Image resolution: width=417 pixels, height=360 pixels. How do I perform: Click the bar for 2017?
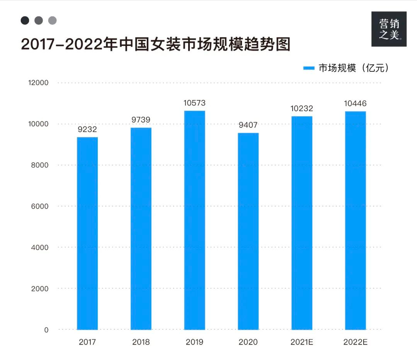tap(87, 233)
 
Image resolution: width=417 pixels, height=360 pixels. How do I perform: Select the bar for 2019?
tap(194, 220)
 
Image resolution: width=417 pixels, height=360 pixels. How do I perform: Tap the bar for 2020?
tap(248, 231)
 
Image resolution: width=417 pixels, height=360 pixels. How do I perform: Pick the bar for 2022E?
tap(355, 221)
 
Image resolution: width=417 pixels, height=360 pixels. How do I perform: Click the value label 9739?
tap(141, 120)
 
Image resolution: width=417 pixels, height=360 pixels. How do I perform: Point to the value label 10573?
tap(194, 103)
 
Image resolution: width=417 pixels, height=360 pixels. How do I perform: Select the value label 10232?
tap(302, 109)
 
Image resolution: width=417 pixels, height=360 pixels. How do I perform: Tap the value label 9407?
tap(248, 125)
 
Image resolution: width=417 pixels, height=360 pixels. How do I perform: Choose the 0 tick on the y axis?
tap(46, 330)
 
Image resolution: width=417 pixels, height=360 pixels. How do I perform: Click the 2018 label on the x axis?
tap(141, 342)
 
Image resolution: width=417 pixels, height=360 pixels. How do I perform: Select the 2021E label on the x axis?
tap(302, 342)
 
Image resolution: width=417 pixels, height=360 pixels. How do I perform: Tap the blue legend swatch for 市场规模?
tap(309, 68)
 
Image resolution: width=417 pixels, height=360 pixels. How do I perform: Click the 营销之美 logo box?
tap(389, 29)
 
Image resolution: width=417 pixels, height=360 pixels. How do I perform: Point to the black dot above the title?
tap(25, 20)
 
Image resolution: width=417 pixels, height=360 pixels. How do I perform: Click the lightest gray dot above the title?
tap(53, 20)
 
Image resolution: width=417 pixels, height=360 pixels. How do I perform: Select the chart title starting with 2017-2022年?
tap(155, 44)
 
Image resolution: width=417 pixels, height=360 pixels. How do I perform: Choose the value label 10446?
tap(355, 104)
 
